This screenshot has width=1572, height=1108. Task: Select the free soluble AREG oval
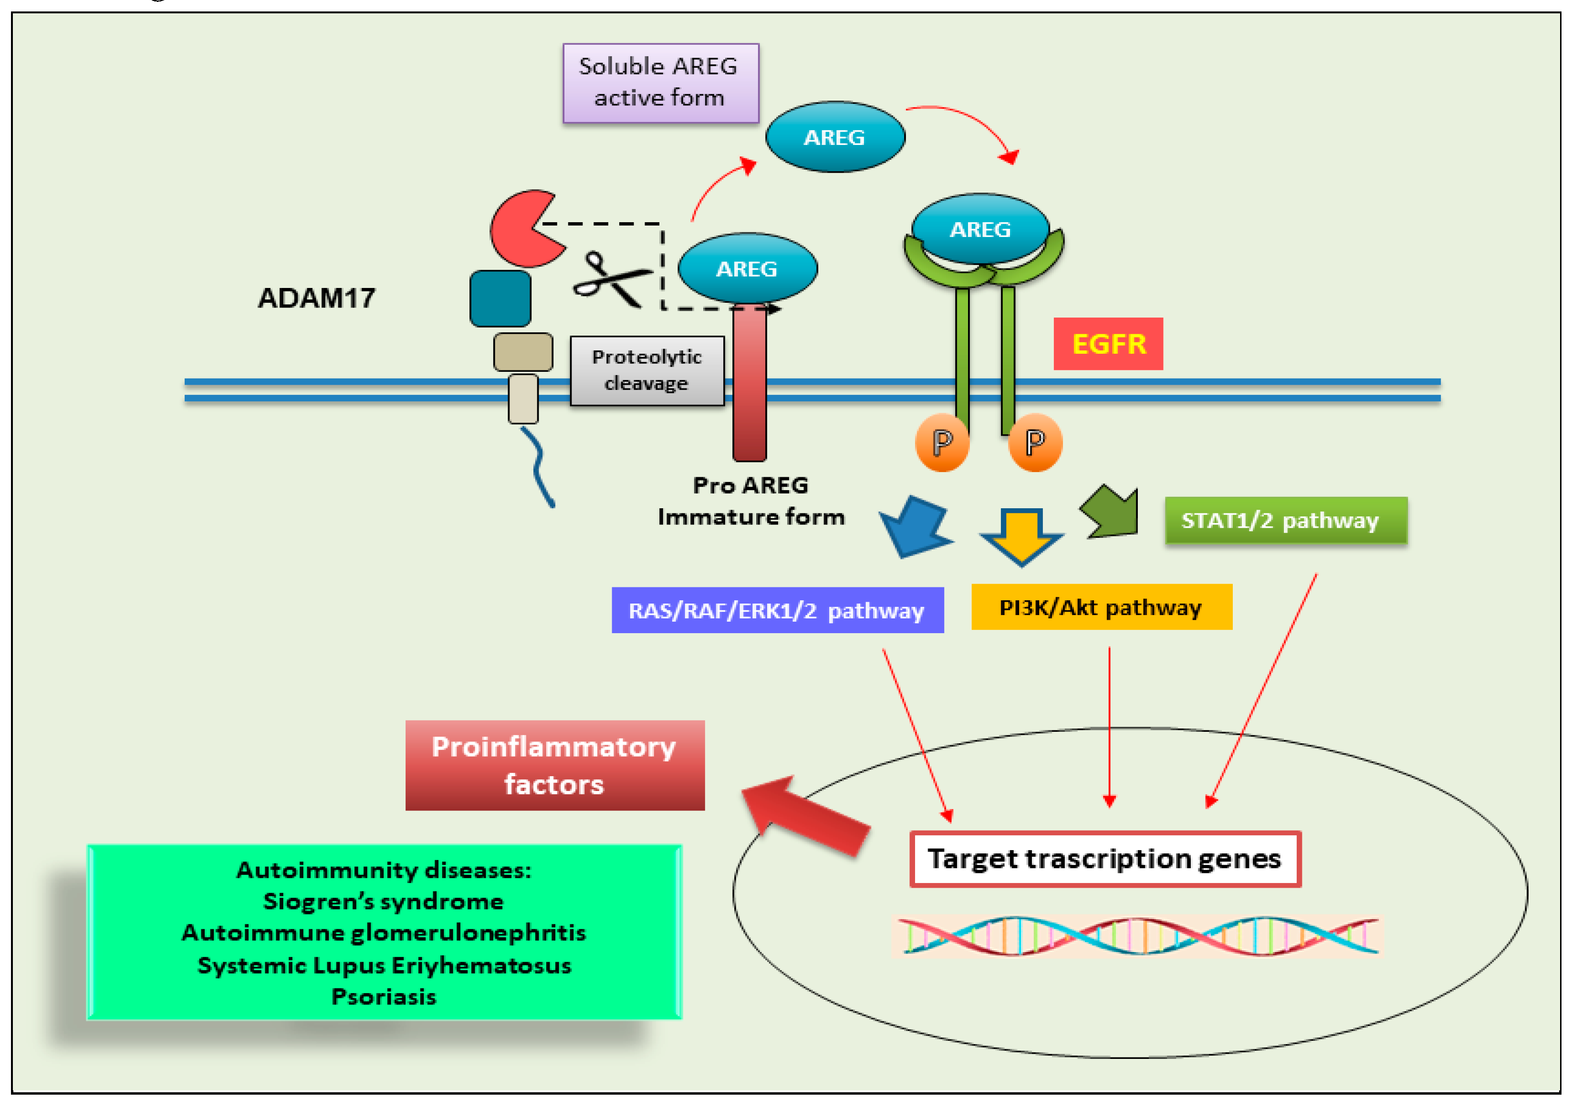[834, 137]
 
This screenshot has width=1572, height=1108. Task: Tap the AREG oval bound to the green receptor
[980, 228]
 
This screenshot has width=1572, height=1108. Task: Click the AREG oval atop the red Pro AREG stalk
[747, 268]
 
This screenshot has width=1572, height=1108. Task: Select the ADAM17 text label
[316, 298]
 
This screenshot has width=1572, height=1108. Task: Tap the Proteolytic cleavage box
[646, 370]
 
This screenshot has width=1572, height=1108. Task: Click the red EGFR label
[1107, 344]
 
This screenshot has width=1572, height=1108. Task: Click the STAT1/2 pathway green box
[1285, 521]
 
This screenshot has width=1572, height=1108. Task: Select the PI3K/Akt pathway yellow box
[1101, 607]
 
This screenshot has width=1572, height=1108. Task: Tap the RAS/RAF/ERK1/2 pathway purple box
[777, 610]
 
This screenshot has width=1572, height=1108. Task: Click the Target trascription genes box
[1104, 859]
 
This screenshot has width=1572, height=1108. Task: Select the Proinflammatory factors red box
[554, 765]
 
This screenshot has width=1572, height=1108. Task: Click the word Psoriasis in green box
[384, 996]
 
